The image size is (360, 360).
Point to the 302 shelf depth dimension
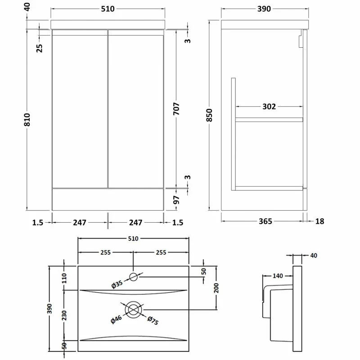coord(269,107)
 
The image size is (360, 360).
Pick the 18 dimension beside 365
coord(320,221)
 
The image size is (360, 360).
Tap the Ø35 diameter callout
coord(117,284)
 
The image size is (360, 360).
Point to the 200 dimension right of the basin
coord(216,288)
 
